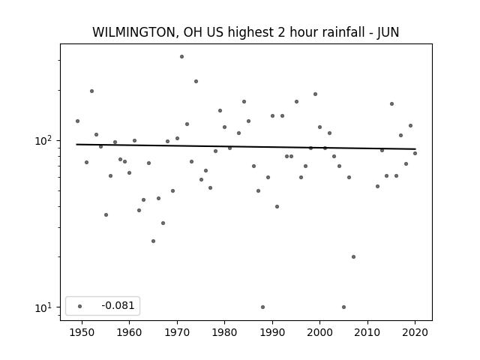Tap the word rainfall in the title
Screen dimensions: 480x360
click(344, 32)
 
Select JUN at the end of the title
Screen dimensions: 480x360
click(388, 32)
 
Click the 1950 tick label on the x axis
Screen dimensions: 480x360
click(82, 332)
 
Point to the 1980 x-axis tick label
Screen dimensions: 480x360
click(224, 332)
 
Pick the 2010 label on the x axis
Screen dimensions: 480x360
click(367, 332)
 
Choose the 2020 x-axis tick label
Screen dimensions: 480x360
click(415, 332)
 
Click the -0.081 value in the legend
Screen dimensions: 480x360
click(118, 305)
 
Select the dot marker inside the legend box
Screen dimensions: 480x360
click(80, 306)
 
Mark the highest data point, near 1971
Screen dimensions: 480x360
click(181, 57)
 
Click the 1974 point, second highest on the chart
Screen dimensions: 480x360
click(196, 82)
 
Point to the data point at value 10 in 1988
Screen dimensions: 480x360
click(262, 307)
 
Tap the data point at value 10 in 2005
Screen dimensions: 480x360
click(343, 307)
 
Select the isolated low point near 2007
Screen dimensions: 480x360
click(353, 256)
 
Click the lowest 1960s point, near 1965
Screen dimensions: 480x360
click(153, 241)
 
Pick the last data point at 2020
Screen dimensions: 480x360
click(415, 153)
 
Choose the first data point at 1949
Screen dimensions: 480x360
click(77, 121)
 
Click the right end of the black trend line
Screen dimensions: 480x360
click(415, 149)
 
